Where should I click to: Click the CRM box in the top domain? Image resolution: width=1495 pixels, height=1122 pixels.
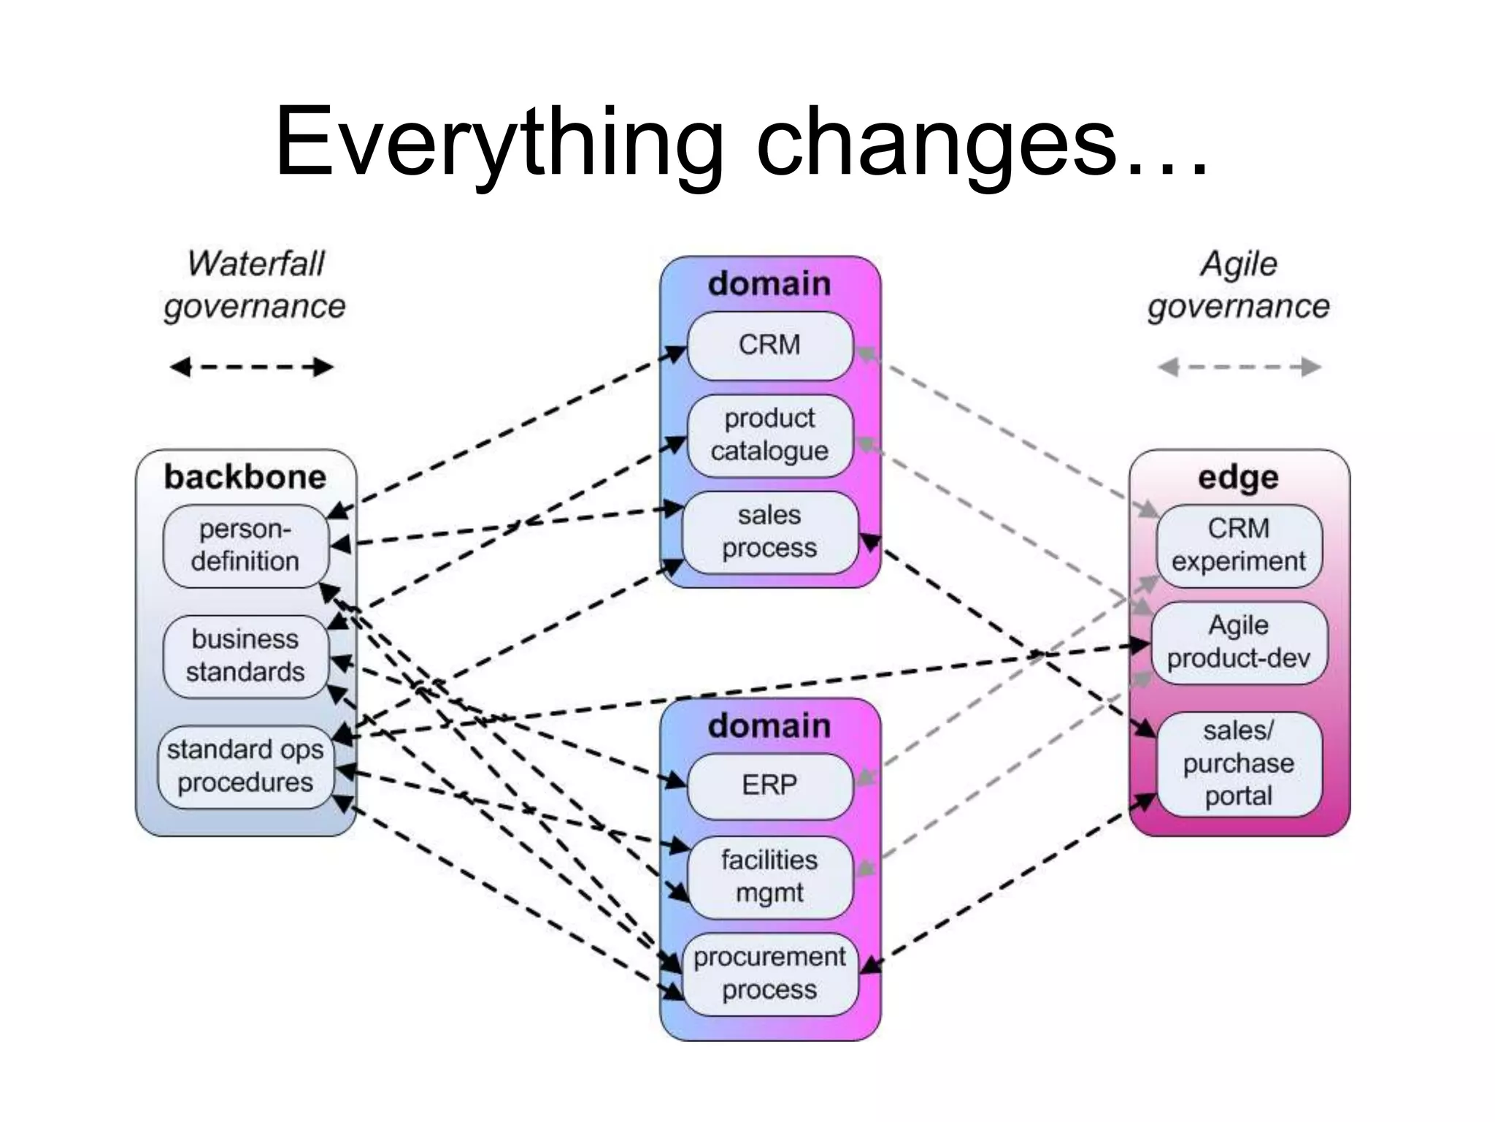769,346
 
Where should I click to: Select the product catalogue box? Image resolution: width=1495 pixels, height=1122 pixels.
769,435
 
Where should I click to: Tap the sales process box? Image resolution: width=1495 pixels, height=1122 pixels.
769,533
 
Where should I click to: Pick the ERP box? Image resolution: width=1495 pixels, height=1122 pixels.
769,786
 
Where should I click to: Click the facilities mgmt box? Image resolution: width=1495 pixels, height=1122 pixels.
769,877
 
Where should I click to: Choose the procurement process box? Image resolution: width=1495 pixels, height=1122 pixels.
769,974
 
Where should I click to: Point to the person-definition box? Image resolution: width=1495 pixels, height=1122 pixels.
245,546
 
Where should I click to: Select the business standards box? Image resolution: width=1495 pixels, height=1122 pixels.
245,656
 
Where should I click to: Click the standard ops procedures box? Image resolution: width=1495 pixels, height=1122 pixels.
245,766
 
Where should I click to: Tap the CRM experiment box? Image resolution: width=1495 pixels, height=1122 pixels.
1239,546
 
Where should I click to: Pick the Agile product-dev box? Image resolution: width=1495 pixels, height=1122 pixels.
1239,643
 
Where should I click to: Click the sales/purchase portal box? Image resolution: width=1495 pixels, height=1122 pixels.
1239,763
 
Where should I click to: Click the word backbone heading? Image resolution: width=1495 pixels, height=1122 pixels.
245,477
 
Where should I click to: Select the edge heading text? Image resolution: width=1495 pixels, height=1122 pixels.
1239,477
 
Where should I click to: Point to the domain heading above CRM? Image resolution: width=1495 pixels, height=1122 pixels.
769,283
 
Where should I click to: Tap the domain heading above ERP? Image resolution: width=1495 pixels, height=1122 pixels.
769,726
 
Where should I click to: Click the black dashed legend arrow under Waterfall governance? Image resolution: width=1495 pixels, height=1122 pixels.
251,367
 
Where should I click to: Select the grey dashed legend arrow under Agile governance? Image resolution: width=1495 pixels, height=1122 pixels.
1239,367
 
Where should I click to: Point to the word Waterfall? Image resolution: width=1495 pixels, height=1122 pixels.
255,264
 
